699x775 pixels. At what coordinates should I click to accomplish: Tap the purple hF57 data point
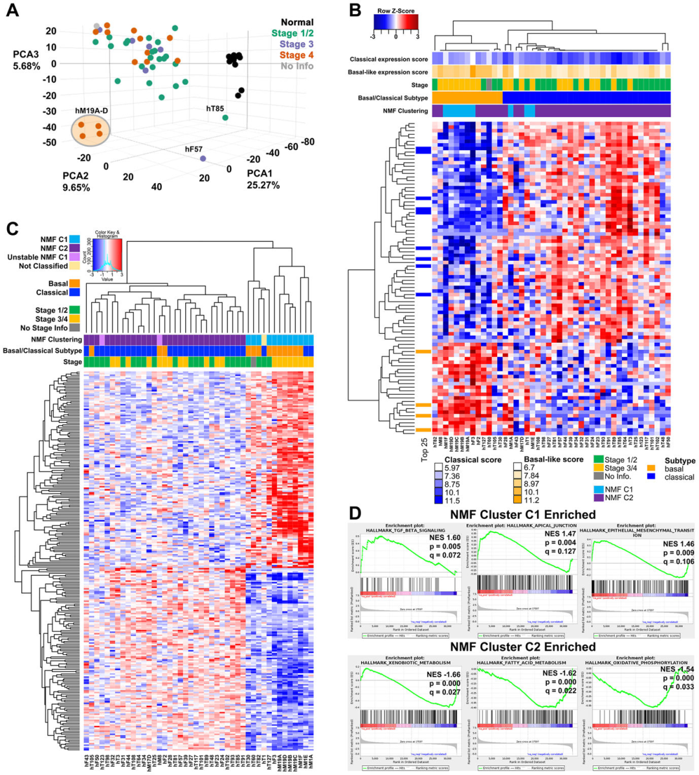(x=203, y=158)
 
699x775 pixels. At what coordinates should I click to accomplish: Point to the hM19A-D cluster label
(x=93, y=111)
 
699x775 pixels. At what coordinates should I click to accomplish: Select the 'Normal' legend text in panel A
(x=297, y=22)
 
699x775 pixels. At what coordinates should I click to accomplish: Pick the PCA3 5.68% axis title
(x=27, y=60)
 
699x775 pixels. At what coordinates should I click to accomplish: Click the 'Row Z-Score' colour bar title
(x=396, y=10)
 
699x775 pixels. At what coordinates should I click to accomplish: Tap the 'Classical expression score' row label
(x=388, y=60)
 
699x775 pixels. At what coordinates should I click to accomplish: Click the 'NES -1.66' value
(x=443, y=675)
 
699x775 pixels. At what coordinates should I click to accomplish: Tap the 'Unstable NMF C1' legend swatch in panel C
(x=76, y=257)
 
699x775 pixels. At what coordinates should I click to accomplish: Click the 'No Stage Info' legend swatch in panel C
(x=76, y=328)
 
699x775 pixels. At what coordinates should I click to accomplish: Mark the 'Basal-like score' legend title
(x=553, y=459)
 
